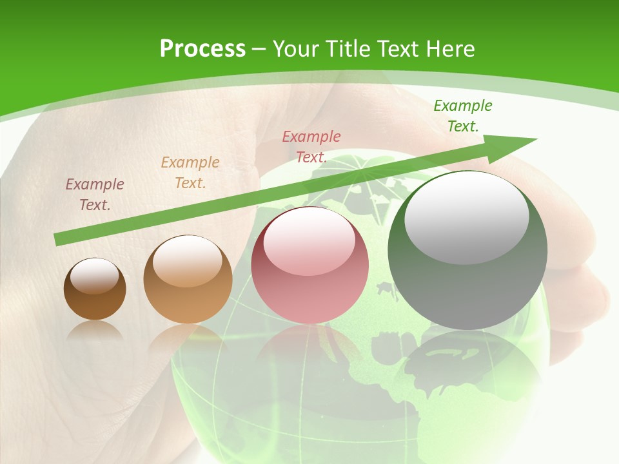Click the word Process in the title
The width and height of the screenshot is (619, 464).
point(202,49)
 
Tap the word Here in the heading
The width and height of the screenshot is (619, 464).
point(447,49)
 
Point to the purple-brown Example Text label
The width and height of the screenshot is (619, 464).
point(95,195)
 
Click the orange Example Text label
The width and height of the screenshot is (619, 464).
point(190,173)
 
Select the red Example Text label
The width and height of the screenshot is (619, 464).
point(311,146)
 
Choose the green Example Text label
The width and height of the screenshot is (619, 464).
point(463,116)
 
